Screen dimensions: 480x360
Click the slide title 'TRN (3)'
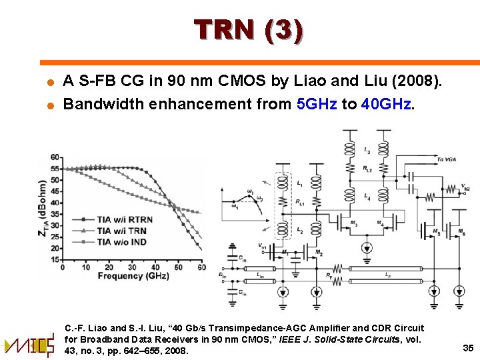click(x=249, y=31)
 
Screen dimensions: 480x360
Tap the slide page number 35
click(x=467, y=347)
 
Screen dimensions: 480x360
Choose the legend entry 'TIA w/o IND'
click(x=123, y=241)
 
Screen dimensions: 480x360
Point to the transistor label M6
click(x=463, y=233)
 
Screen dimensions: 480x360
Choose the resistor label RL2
click(x=367, y=170)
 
